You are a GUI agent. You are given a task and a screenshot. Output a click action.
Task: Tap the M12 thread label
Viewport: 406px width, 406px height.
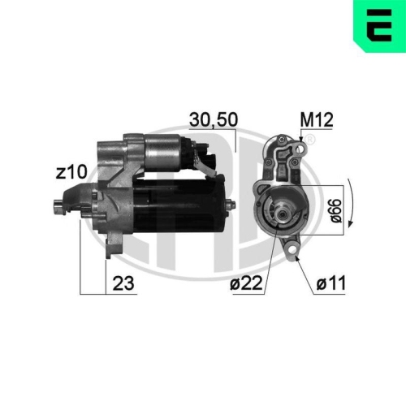click(315, 119)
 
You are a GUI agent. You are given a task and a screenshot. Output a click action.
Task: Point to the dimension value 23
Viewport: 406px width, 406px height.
click(123, 284)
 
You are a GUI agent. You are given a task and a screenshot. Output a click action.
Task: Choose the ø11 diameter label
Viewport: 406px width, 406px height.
click(330, 284)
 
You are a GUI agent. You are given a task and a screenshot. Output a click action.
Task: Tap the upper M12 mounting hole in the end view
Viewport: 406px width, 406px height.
click(301, 145)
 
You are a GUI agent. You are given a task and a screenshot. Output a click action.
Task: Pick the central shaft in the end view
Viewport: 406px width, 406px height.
click(279, 214)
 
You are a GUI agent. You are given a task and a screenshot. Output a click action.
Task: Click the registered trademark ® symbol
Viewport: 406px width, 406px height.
click(309, 140)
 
